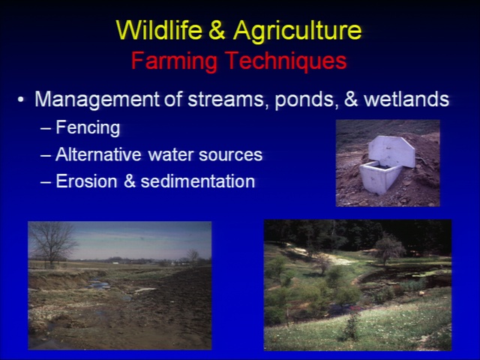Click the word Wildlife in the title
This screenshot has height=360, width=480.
click(x=159, y=30)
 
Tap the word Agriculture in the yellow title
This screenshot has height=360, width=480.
click(x=298, y=31)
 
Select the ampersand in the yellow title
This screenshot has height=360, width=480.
click(x=217, y=30)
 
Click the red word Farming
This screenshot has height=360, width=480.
click(x=174, y=61)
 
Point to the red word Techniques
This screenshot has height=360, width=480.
click(x=287, y=61)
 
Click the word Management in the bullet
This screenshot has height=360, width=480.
click(x=97, y=100)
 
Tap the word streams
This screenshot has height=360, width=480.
click(x=226, y=100)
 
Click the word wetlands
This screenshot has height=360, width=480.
click(x=406, y=99)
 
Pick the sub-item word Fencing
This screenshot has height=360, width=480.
click(x=88, y=127)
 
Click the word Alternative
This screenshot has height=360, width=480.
click(x=98, y=154)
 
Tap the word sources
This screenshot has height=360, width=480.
click(x=231, y=155)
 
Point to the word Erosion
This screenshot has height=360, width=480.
click(x=86, y=181)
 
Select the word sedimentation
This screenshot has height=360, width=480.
click(x=198, y=181)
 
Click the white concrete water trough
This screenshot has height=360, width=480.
click(x=378, y=177)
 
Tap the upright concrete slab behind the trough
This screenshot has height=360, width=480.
click(x=391, y=151)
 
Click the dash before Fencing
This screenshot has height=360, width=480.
click(x=45, y=129)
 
